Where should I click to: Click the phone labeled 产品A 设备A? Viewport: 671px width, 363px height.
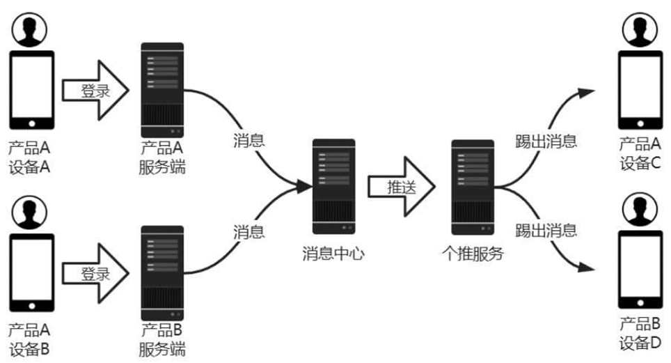pyautogui.click(x=31, y=90)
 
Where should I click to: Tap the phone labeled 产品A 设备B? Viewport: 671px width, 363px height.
pyautogui.click(x=31, y=273)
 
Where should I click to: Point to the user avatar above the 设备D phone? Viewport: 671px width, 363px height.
pyautogui.click(x=640, y=210)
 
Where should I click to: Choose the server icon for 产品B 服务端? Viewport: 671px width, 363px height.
pyautogui.click(x=162, y=272)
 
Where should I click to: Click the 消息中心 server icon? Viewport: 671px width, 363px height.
pyautogui.click(x=333, y=186)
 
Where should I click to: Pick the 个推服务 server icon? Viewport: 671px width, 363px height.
pyautogui.click(x=473, y=186)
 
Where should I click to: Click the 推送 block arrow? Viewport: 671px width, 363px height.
pyautogui.click(x=401, y=187)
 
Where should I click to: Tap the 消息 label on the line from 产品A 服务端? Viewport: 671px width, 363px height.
pyautogui.click(x=248, y=140)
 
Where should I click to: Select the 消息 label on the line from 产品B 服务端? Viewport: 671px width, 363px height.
pyautogui.click(x=248, y=231)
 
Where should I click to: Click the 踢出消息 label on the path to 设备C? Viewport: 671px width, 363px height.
pyautogui.click(x=546, y=141)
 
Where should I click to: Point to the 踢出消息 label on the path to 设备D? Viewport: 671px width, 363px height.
pyautogui.click(x=546, y=229)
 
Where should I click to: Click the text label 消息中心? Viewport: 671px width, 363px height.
pyautogui.click(x=333, y=254)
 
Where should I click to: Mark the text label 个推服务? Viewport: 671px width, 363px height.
pyautogui.click(x=473, y=254)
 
